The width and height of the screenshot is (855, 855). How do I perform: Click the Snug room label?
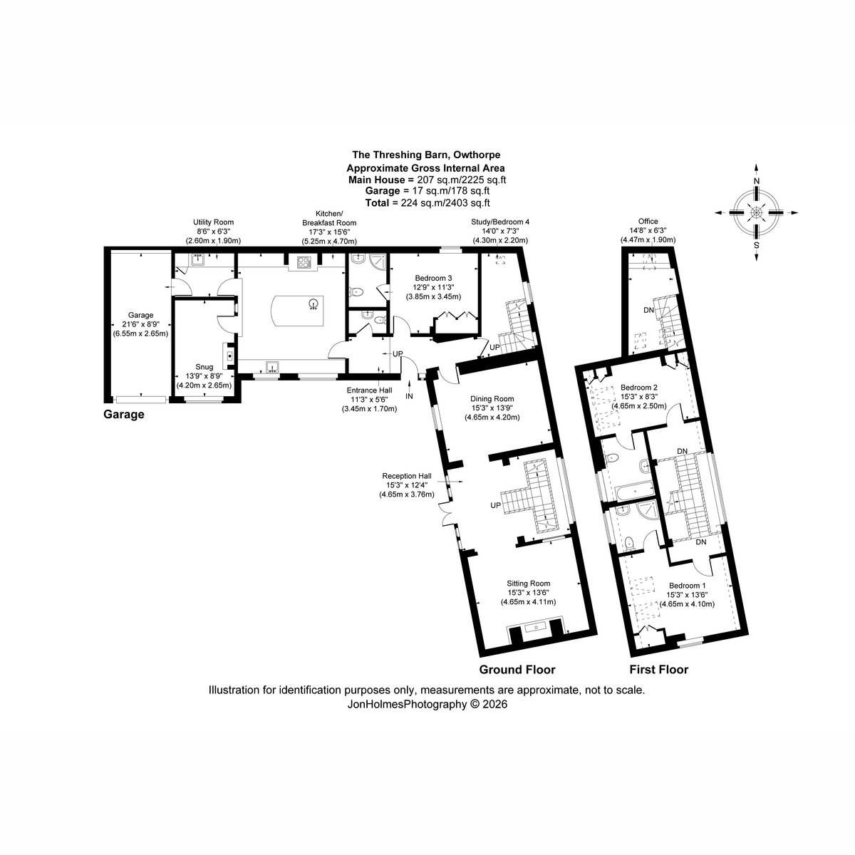coord(204,367)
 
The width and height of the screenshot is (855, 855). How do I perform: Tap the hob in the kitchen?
coord(304,263)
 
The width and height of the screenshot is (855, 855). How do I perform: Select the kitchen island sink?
coord(313,304)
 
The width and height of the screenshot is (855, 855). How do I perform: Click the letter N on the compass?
coord(757,181)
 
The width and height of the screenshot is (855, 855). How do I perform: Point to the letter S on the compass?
coord(757,245)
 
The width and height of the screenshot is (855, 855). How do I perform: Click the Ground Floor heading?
coord(517,670)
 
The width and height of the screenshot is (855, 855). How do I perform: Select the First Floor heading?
coord(659,670)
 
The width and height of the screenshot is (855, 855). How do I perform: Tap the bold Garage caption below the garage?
coord(124,415)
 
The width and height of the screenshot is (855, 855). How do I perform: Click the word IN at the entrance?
coord(409,396)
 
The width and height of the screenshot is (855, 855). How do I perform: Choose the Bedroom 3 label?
coord(433,278)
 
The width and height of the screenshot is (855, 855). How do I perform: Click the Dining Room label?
coord(492,399)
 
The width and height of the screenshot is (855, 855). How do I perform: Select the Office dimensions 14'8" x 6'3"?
coord(648,231)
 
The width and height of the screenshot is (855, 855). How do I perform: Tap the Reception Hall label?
coord(407,476)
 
